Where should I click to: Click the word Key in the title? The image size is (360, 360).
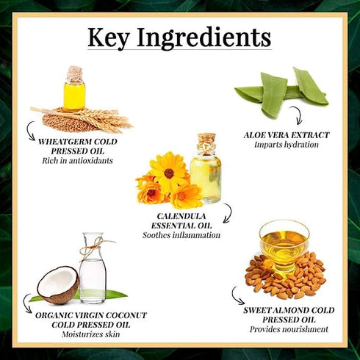pos(111,37)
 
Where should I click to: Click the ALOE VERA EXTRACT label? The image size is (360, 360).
pos(287,135)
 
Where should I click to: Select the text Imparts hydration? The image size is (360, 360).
pos(287,145)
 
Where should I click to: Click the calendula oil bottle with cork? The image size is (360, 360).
pos(205,170)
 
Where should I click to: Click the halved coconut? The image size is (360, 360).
pos(58,285)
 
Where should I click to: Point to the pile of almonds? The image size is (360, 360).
pos(283,278)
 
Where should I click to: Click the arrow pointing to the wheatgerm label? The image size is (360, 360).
pos(32,132)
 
